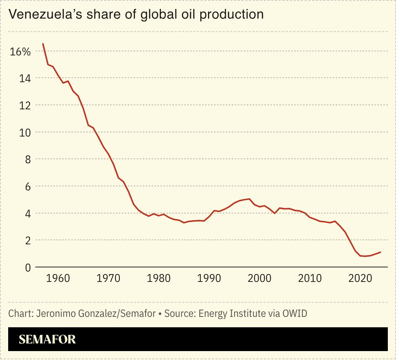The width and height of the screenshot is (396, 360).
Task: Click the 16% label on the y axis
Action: point(20,52)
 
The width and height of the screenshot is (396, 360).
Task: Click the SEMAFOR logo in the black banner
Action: point(47,339)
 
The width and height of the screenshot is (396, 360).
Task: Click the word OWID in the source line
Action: point(295,314)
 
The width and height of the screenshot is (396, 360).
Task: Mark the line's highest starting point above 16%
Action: point(43,44)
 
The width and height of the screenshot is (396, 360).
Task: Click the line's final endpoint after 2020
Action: point(380,252)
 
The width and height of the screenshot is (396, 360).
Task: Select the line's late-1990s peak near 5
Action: point(249,199)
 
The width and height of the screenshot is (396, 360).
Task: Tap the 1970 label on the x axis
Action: point(109,278)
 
